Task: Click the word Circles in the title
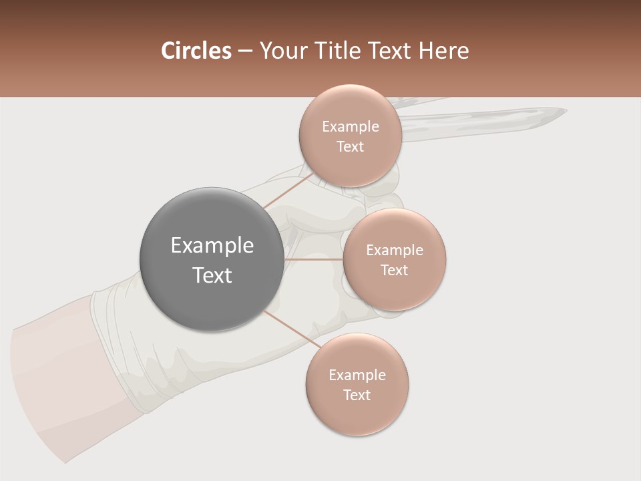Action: (196, 51)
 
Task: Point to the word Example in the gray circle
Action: (212, 246)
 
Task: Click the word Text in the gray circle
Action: (212, 275)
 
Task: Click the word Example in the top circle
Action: (351, 126)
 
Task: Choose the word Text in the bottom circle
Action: (357, 395)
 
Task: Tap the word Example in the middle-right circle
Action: (395, 250)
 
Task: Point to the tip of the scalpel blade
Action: (564, 110)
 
